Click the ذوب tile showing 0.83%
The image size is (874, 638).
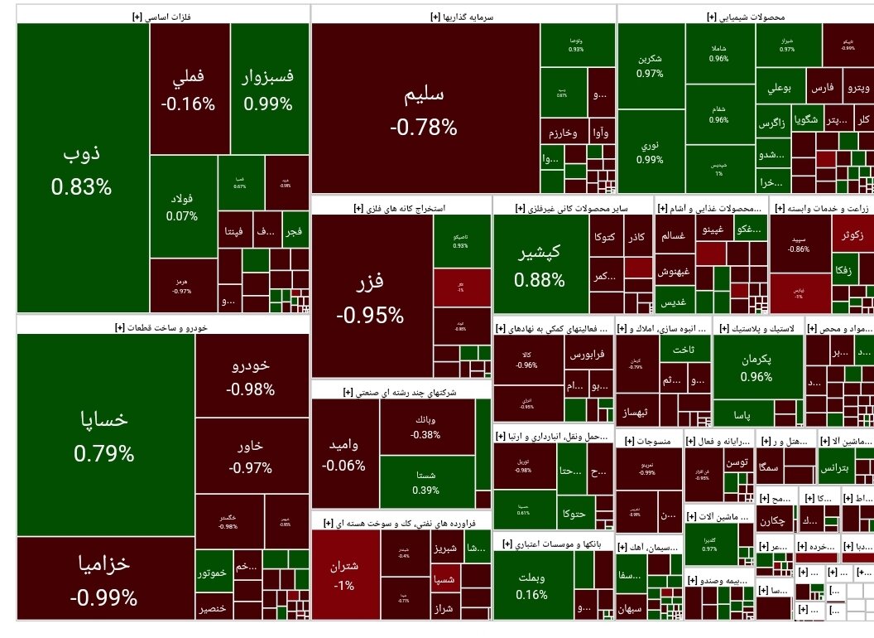click(82, 170)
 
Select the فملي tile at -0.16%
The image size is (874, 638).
click(189, 89)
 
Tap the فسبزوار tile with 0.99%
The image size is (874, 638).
click(268, 89)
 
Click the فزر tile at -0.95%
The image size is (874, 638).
click(370, 296)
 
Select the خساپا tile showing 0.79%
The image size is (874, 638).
click(104, 435)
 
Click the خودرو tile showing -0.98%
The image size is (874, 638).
click(250, 377)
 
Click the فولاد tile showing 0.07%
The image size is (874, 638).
click(182, 207)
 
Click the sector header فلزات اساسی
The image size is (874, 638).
click(163, 16)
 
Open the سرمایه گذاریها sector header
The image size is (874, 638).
click(463, 16)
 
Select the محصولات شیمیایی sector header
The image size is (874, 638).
click(746, 16)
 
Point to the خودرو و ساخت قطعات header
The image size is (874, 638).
click(162, 326)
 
